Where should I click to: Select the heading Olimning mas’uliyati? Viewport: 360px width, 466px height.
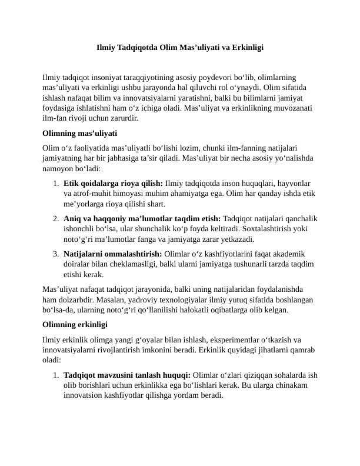80,133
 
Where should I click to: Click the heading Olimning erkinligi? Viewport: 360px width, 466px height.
75,324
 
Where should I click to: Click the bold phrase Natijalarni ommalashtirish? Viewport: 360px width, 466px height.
112,254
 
